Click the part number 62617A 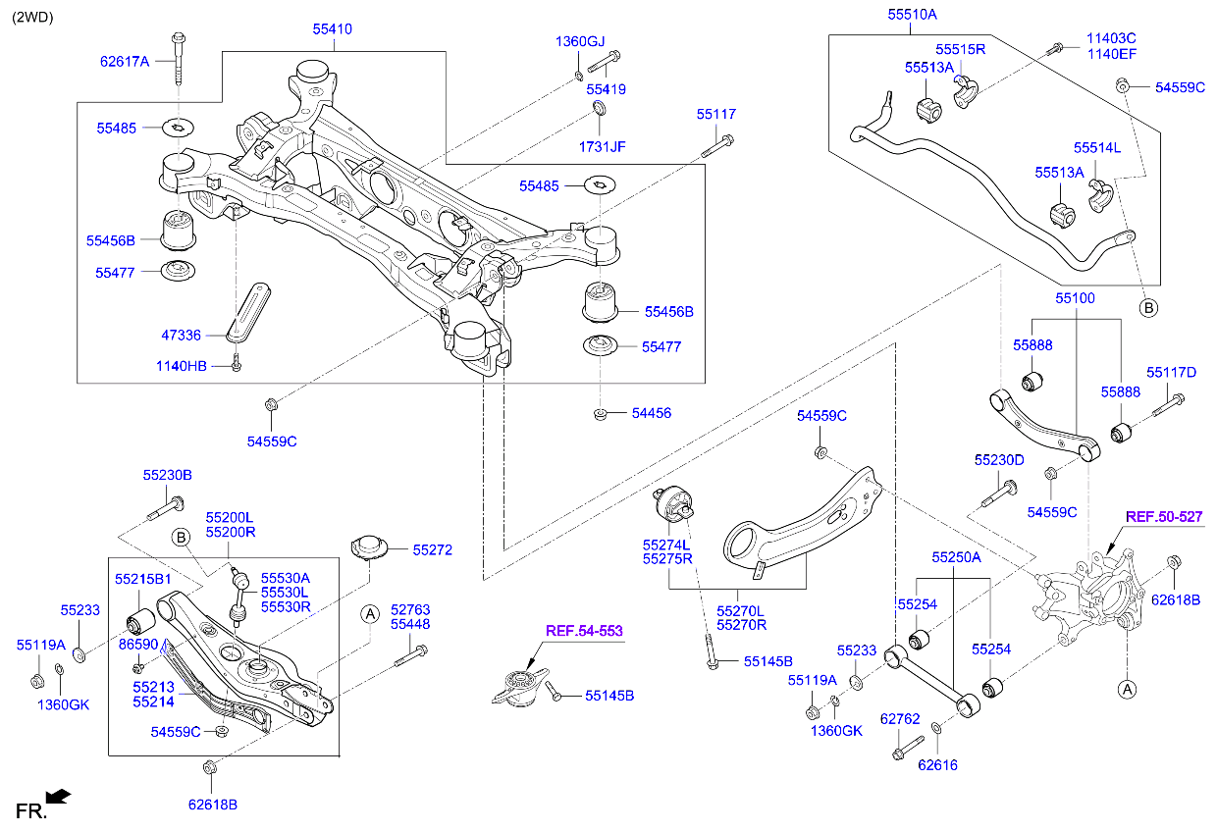coord(125,61)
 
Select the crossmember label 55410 coord(332,29)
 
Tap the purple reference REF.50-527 coord(1164,516)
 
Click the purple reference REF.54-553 coord(585,631)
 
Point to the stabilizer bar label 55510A coord(913,15)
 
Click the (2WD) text coord(32,17)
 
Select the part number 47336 coord(182,336)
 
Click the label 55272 coord(432,550)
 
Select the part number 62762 coord(899,719)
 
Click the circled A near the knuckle coord(1128,689)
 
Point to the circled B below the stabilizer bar coord(1148,307)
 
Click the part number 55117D coord(1172,373)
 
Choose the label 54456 coord(652,414)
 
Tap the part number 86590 coord(138,645)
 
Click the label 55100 coord(1076,297)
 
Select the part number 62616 coord(937,765)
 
